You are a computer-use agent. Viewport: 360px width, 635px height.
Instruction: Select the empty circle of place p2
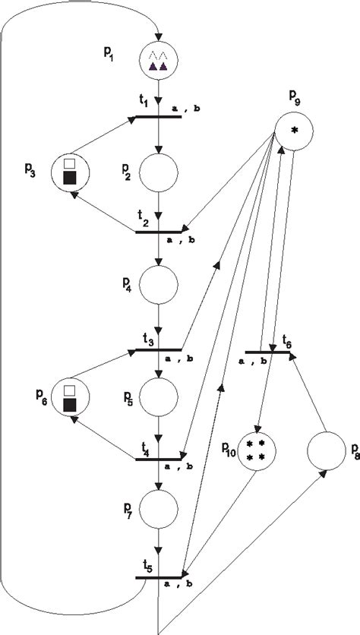(158, 173)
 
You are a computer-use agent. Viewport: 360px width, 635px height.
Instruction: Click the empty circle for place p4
(158, 285)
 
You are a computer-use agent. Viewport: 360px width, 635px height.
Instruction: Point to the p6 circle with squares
(70, 397)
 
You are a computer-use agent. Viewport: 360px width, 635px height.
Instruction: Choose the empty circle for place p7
(158, 508)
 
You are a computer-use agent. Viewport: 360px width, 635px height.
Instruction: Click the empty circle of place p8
(327, 450)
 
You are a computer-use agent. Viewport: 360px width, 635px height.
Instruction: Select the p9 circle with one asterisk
(294, 130)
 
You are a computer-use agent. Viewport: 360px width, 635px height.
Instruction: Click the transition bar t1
(158, 118)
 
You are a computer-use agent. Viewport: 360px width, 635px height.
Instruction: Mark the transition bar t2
(158, 231)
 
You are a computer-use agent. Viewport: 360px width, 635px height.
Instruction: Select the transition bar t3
(158, 349)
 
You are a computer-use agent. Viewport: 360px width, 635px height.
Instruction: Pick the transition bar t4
(158, 460)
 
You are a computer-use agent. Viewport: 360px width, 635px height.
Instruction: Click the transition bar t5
(158, 577)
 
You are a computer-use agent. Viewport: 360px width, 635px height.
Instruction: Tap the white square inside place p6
(70, 390)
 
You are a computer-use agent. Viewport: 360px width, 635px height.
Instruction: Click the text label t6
(286, 343)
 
